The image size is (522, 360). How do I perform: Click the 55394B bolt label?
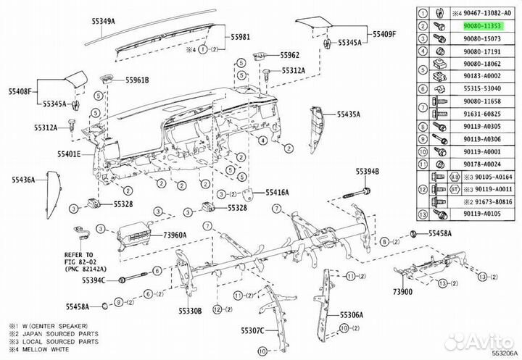click(368, 172)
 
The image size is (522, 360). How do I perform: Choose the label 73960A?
click(174, 235)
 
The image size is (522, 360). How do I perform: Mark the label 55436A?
click(23, 179)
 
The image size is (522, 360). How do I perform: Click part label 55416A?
click(276, 192)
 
